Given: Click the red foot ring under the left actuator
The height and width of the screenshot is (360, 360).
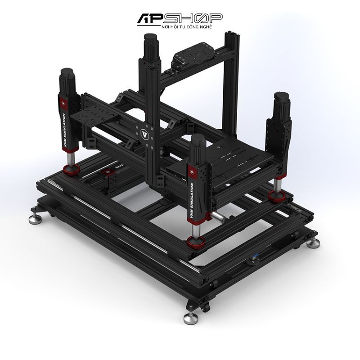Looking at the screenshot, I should (70, 170).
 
